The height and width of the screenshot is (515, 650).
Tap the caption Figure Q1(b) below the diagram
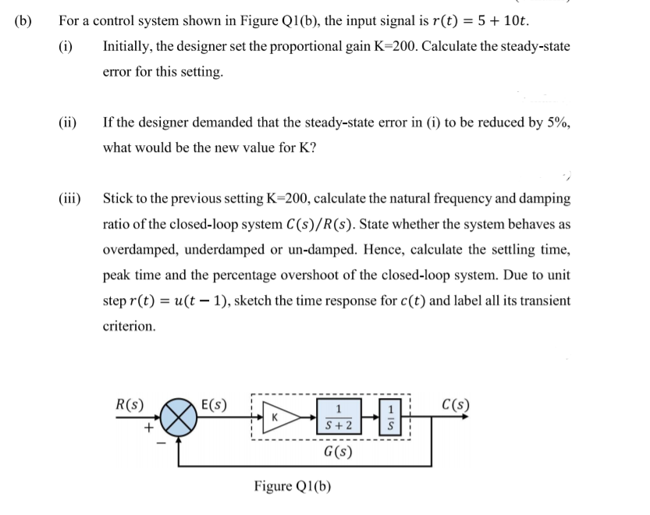(293, 487)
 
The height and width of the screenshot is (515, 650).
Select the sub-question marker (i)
(66, 46)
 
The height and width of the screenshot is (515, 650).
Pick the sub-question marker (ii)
(69, 123)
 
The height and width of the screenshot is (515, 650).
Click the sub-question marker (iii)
(71, 198)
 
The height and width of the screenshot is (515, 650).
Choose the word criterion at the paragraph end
(129, 326)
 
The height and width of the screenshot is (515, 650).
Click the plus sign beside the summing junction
(145, 427)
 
